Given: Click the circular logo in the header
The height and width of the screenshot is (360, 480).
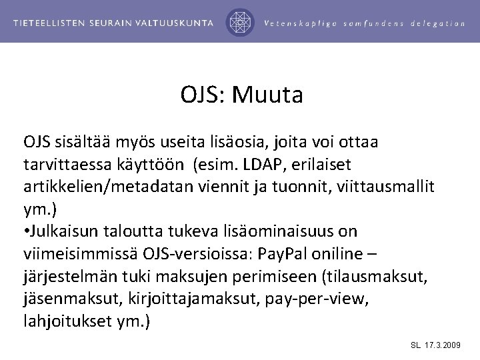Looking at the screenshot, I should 241,22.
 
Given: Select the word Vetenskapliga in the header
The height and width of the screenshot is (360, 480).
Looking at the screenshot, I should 301,23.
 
